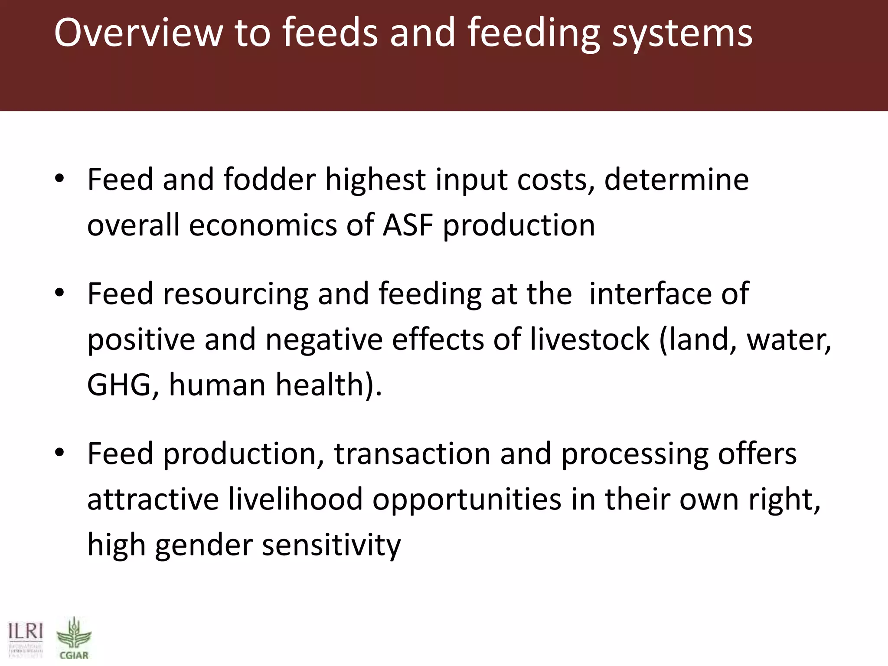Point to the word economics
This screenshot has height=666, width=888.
[x=263, y=225]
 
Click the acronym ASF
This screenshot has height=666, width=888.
[x=408, y=225]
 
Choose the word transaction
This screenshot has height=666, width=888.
[x=412, y=454]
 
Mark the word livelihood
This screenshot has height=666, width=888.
[x=295, y=499]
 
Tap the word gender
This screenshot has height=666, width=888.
[x=204, y=545]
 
